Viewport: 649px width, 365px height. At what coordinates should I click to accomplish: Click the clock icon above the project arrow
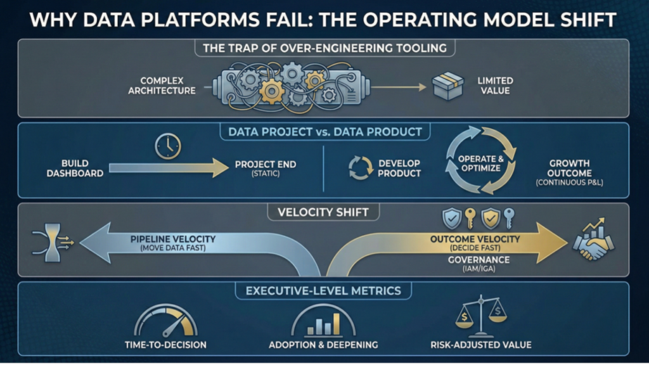(167, 146)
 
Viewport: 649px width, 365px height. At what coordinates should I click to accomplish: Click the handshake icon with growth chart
(592, 241)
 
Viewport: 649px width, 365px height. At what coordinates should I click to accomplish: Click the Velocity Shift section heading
(324, 212)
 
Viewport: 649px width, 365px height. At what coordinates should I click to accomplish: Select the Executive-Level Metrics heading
(324, 291)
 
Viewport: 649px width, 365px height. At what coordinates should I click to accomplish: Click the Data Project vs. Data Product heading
(324, 132)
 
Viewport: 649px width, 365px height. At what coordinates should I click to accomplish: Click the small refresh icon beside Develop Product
(359, 168)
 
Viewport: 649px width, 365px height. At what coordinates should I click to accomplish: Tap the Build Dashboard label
(74, 168)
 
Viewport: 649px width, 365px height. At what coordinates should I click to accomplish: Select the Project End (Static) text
(265, 169)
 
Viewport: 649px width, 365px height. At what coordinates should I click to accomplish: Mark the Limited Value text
(496, 86)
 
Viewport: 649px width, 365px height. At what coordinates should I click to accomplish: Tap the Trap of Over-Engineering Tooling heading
(324, 48)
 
